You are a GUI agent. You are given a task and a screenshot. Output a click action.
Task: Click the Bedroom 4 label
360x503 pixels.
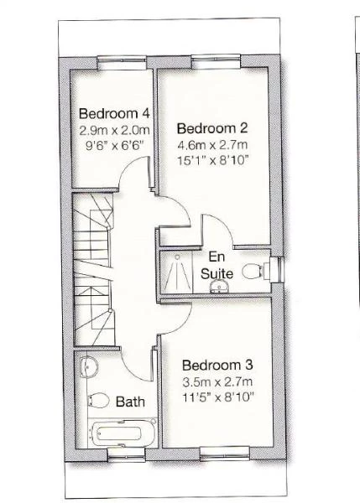pyautogui.click(x=114, y=114)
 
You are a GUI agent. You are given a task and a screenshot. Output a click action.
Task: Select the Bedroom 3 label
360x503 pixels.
pyautogui.click(x=217, y=366)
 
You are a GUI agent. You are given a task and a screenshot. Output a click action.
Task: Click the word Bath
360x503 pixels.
pyautogui.click(x=130, y=402)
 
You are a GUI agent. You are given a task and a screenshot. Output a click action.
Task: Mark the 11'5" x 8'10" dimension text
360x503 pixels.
pyautogui.click(x=217, y=396)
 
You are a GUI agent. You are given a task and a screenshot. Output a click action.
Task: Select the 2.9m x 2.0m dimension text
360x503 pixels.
pyautogui.click(x=114, y=130)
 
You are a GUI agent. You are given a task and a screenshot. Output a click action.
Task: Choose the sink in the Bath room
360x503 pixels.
pyautogui.click(x=89, y=365)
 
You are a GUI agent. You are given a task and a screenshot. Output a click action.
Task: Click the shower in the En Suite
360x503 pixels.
pyautogui.click(x=178, y=272)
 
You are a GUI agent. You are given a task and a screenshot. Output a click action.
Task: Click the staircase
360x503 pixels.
pyautogui.click(x=92, y=268)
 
